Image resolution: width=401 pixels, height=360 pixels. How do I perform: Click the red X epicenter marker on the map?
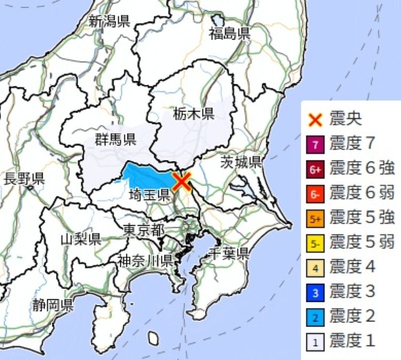[x=181, y=181]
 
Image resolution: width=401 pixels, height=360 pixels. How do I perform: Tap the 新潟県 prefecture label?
[x=109, y=22]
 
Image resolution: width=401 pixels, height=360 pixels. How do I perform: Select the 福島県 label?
[x=230, y=34]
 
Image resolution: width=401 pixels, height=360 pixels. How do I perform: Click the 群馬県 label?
[x=115, y=139]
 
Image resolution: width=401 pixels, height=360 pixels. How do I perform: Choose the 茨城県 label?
[x=242, y=162]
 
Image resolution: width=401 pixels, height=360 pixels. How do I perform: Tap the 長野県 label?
[x=24, y=177]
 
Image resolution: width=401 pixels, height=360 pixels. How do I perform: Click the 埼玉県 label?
[x=149, y=195]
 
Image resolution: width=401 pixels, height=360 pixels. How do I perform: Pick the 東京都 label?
[x=143, y=230]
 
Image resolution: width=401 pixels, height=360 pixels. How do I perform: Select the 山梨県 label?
[x=81, y=239]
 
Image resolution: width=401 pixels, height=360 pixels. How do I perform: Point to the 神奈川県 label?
[x=146, y=261]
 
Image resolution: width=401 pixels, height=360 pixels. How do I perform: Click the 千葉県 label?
[x=229, y=253]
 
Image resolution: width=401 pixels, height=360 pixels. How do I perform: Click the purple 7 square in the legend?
[x=315, y=145]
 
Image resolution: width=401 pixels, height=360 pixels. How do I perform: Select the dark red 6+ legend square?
[x=315, y=170]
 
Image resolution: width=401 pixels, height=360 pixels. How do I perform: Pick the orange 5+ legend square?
[x=315, y=219]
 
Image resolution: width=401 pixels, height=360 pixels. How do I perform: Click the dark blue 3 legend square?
[x=315, y=292]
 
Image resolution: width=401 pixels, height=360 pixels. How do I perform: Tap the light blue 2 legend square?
[x=315, y=316]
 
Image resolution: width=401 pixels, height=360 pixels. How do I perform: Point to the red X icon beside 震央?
[x=315, y=120]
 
